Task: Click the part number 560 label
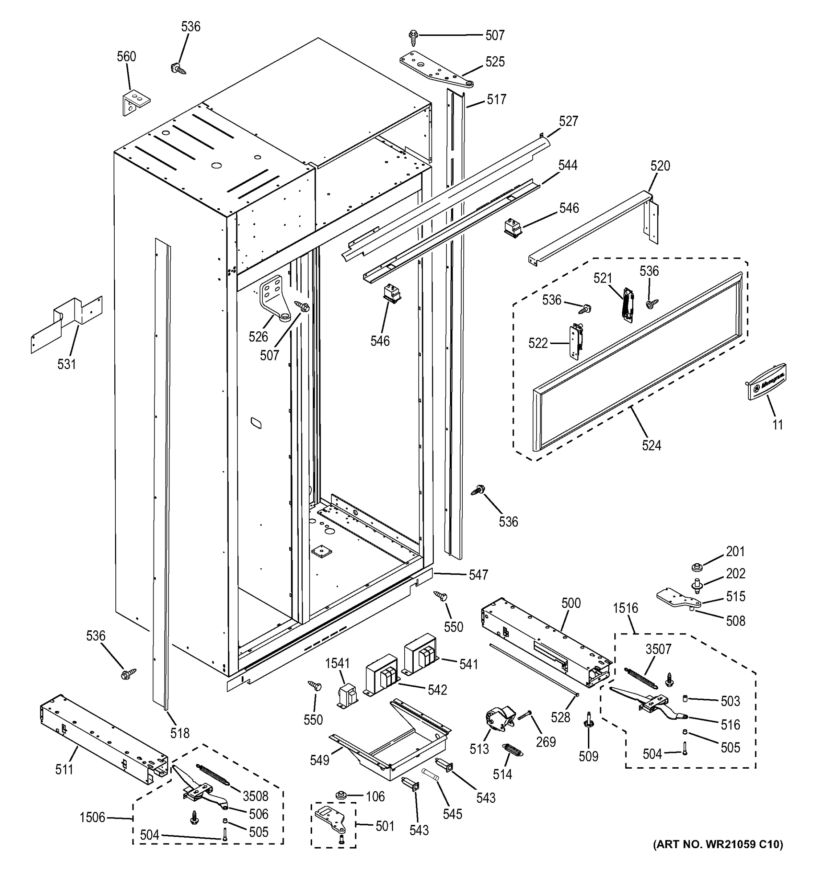click(126, 57)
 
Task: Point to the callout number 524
click(651, 446)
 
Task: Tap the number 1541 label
click(338, 663)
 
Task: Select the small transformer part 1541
click(347, 696)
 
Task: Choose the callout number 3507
click(658, 649)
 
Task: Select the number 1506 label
click(93, 817)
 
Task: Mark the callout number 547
click(478, 574)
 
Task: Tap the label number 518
click(180, 733)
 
